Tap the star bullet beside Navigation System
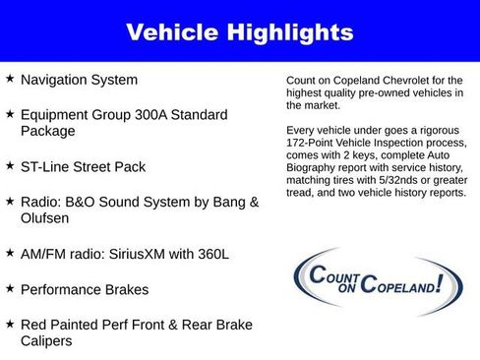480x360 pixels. (x=10, y=79)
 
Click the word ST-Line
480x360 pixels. (x=46, y=167)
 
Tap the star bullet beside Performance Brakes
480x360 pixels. (x=10, y=289)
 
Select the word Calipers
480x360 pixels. (x=48, y=341)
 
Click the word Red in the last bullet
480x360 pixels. (x=34, y=325)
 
